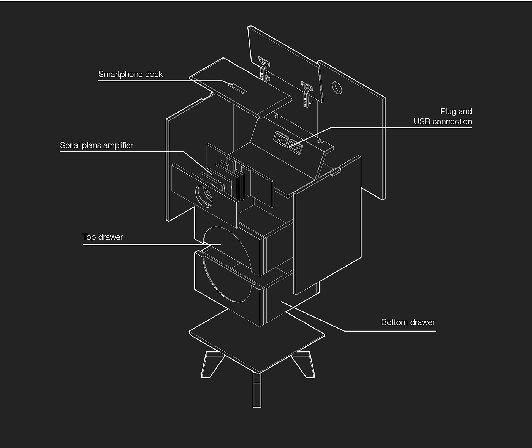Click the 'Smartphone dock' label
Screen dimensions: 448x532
point(130,74)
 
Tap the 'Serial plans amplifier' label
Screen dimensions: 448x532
point(97,145)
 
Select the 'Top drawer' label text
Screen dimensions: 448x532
point(103,237)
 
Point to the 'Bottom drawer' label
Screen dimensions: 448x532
point(408,322)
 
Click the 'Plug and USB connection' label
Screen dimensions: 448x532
point(443,116)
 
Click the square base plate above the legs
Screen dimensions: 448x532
point(257,338)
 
